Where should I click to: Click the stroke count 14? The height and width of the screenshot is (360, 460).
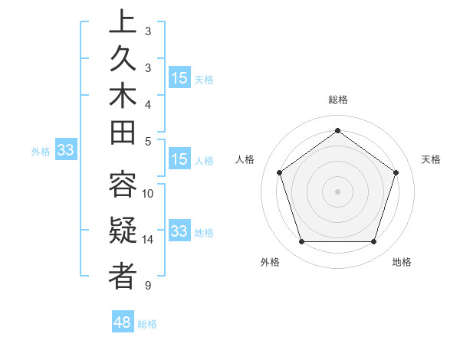[148, 240]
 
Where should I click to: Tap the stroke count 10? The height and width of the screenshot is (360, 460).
[148, 194]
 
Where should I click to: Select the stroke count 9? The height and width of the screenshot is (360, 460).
[148, 286]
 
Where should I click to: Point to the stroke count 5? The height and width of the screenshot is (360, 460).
[148, 141]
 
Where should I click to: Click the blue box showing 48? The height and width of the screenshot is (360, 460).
[123, 322]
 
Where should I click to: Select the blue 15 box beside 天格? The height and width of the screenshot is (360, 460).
[179, 78]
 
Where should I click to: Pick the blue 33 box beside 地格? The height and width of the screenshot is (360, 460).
[179, 231]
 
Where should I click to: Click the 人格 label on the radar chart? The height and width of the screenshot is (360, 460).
[245, 159]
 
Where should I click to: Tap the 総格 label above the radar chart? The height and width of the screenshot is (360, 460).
[337, 100]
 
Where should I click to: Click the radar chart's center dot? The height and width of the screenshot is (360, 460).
[337, 191]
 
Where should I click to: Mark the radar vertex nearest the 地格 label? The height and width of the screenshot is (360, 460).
[373, 241]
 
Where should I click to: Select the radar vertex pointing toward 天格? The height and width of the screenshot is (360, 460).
[396, 172]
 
